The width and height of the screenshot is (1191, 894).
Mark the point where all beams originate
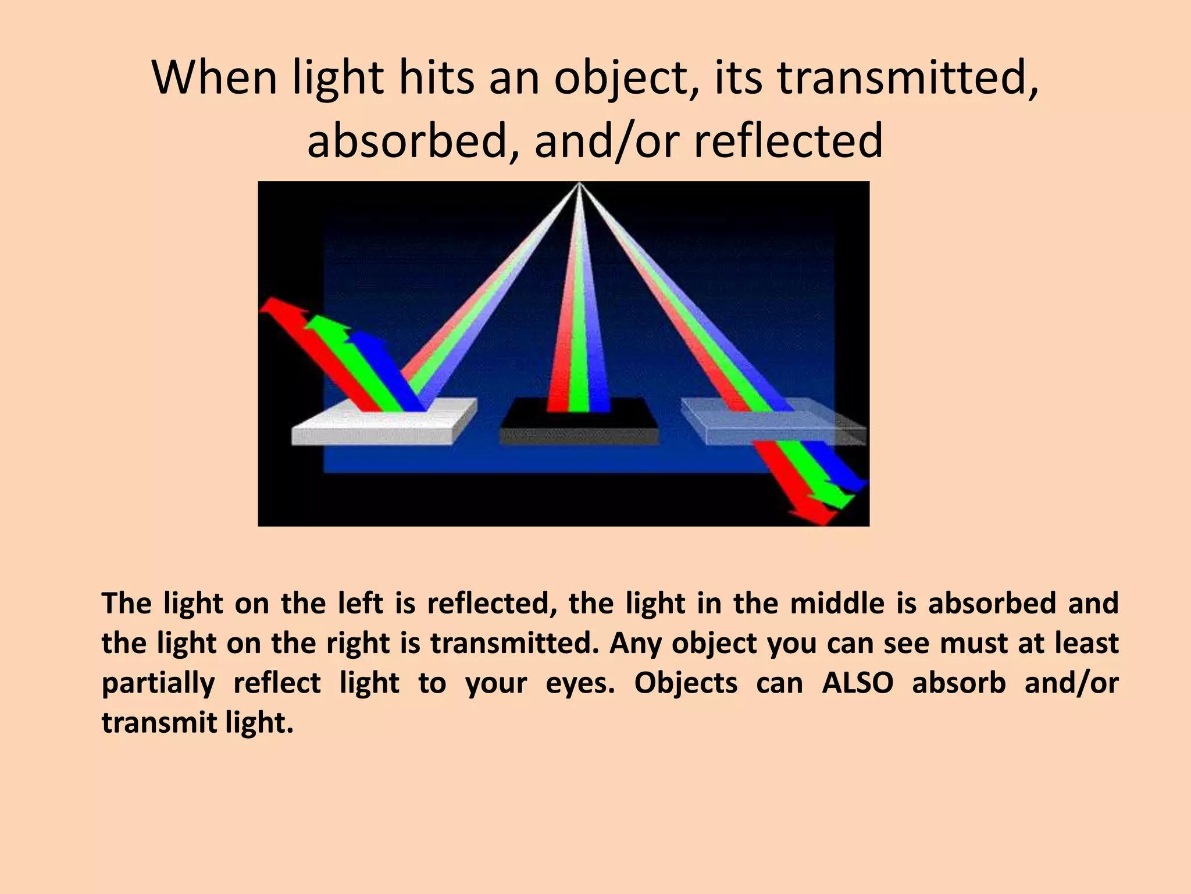[x=579, y=185]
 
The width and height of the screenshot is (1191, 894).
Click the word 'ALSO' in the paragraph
[x=857, y=683]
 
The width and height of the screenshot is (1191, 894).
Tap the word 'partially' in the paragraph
[x=158, y=683]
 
